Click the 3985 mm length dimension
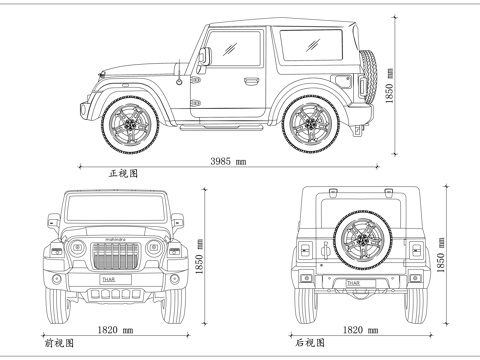click(x=228, y=161)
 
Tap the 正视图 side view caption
click(x=123, y=173)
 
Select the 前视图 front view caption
click(x=59, y=341)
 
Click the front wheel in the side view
click(x=129, y=122)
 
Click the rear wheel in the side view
click(x=310, y=123)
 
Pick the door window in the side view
click(x=236, y=50)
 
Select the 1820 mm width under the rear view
click(x=360, y=329)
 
